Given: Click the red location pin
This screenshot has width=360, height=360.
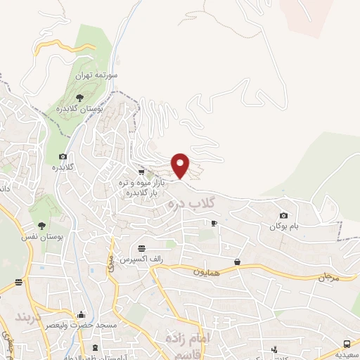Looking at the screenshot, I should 181,165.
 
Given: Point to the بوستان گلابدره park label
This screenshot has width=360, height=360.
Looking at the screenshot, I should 98,108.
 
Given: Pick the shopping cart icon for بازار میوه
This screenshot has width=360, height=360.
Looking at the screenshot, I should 142,171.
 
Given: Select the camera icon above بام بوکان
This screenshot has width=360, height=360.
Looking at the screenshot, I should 283,215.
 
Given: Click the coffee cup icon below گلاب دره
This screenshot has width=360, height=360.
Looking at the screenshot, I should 214,223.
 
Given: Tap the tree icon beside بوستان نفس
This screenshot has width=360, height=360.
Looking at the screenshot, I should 41,226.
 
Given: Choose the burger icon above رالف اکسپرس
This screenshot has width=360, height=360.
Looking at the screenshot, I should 142,248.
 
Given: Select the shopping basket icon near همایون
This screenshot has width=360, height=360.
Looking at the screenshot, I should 238,262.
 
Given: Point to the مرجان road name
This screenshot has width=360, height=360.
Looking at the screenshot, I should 328,276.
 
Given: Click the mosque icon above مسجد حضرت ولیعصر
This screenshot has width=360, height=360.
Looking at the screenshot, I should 82,314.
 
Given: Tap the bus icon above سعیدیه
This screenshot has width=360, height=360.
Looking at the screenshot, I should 347,343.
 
